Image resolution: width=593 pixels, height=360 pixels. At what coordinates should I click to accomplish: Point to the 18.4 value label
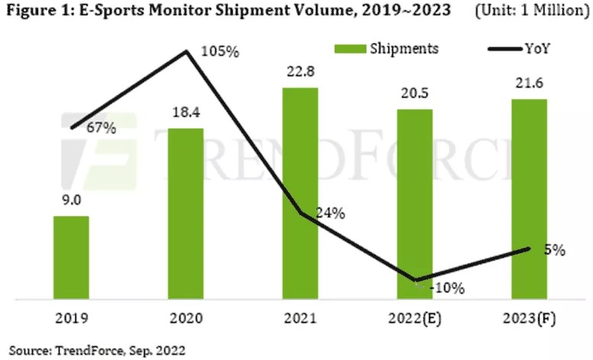185,115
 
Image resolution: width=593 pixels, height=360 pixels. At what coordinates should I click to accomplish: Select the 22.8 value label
300,74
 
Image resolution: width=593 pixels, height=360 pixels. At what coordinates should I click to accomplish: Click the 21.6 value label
529,85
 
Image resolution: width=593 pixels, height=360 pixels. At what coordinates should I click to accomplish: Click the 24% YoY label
330,214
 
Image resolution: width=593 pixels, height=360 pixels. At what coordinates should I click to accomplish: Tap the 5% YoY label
554,249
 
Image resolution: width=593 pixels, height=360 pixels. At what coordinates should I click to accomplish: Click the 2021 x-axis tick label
300,317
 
